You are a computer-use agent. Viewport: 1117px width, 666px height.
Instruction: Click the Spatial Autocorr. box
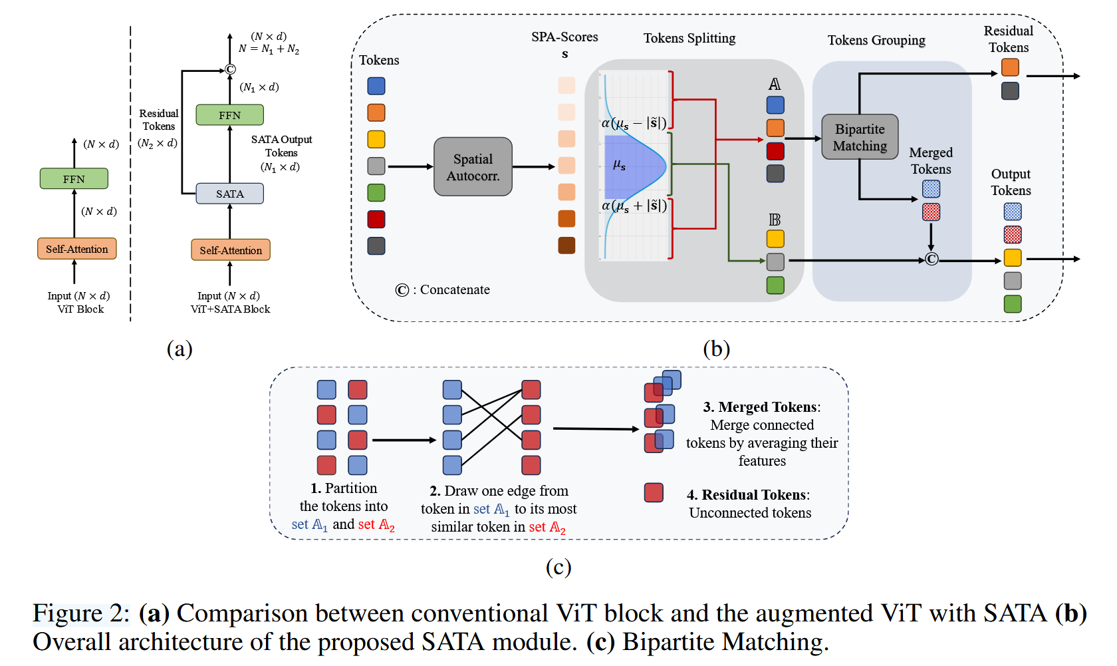click(473, 167)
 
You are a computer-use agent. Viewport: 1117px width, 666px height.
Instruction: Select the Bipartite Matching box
click(860, 137)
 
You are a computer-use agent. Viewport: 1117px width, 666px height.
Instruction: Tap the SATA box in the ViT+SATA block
click(229, 194)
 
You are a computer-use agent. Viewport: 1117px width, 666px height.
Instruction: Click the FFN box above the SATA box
click(229, 115)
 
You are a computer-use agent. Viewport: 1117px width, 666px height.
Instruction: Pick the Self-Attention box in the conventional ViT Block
click(76, 249)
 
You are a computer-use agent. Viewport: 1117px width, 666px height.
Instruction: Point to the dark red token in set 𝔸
click(775, 151)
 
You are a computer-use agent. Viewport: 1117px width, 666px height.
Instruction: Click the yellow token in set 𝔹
click(775, 239)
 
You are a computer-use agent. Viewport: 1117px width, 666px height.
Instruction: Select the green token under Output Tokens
click(1012, 304)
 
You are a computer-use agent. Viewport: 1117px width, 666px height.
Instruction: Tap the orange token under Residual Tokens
click(1010, 68)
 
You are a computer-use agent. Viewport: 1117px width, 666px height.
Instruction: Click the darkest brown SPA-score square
click(566, 246)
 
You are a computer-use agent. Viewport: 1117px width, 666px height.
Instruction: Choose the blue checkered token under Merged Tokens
click(931, 189)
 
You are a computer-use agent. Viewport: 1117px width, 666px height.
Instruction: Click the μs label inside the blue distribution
click(619, 165)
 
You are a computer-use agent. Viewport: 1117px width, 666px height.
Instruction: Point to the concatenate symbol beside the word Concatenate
click(402, 290)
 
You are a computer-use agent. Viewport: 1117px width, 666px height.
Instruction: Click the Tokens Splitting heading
click(689, 38)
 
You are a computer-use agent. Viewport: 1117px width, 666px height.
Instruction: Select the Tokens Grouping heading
click(876, 40)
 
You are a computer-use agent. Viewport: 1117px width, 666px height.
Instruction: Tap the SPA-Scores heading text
click(564, 37)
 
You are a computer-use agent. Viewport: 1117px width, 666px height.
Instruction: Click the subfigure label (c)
click(558, 567)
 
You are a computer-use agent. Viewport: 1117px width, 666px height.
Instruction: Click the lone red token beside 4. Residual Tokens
click(654, 492)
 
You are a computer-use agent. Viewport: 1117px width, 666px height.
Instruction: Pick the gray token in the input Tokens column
click(376, 166)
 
